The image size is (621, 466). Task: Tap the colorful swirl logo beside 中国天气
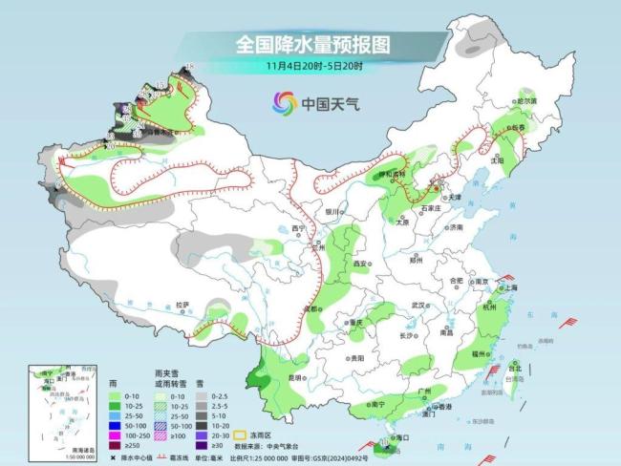(x=284, y=102)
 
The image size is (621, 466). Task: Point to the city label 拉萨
(x=182, y=305)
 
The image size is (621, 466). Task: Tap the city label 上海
(x=507, y=287)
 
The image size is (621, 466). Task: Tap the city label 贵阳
(x=355, y=357)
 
